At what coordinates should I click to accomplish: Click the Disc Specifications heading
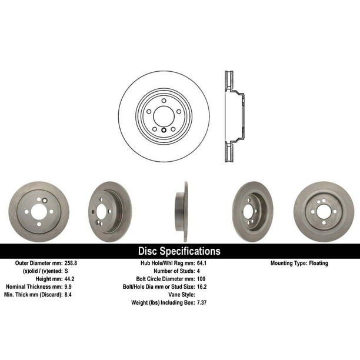(x=179, y=251)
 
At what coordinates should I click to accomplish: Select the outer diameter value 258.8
(x=71, y=263)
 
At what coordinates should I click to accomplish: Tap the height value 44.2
(x=69, y=279)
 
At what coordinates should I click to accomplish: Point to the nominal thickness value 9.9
(x=68, y=286)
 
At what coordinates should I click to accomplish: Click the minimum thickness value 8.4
(x=68, y=295)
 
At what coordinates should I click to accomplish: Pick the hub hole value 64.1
(x=202, y=263)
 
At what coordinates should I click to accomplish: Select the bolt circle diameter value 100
(x=201, y=279)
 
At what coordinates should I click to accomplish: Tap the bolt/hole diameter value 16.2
(x=202, y=286)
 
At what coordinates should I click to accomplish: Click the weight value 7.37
(x=202, y=302)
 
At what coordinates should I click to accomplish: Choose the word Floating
(x=319, y=264)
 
